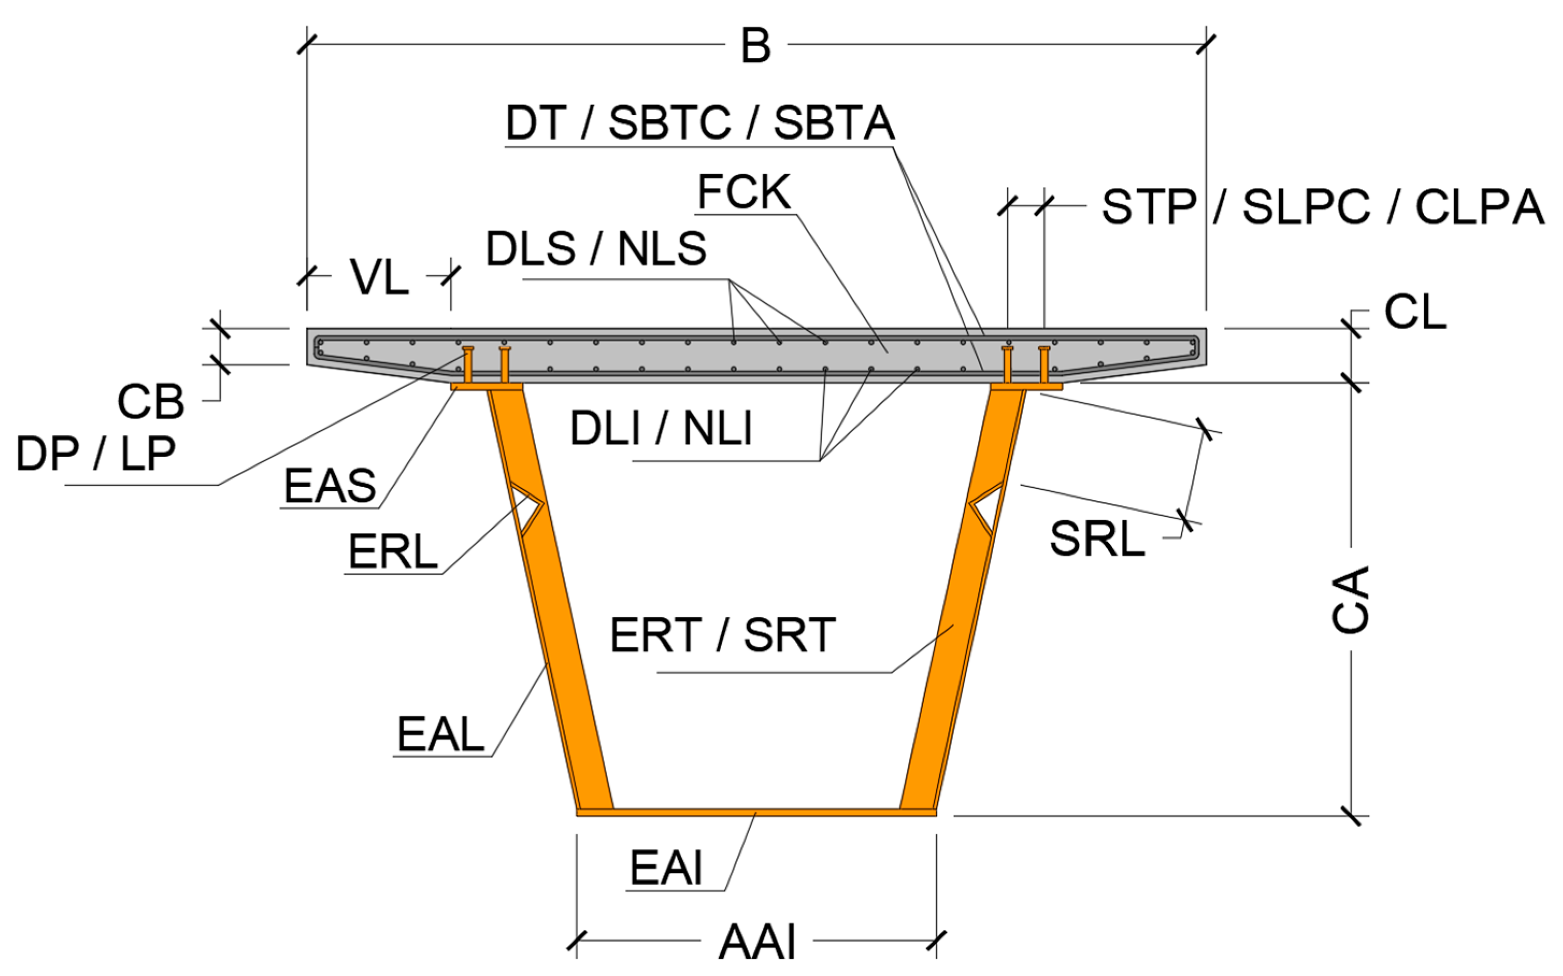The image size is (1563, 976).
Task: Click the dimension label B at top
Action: click(x=755, y=47)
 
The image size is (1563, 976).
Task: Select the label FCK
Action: click(x=744, y=192)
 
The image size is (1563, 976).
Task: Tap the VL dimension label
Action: click(x=379, y=278)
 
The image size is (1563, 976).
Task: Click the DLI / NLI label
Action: click(x=661, y=428)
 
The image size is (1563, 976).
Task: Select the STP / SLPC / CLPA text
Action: click(x=1323, y=207)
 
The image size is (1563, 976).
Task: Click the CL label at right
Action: click(x=1415, y=312)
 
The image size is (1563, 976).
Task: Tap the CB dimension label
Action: click(x=150, y=402)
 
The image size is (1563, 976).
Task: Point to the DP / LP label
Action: click(x=96, y=453)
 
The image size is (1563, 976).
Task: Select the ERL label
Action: click(x=393, y=552)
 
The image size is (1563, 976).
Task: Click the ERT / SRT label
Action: click(x=722, y=636)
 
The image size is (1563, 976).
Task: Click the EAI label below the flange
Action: click(x=665, y=868)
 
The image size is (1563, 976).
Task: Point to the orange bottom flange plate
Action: click(x=755, y=812)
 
